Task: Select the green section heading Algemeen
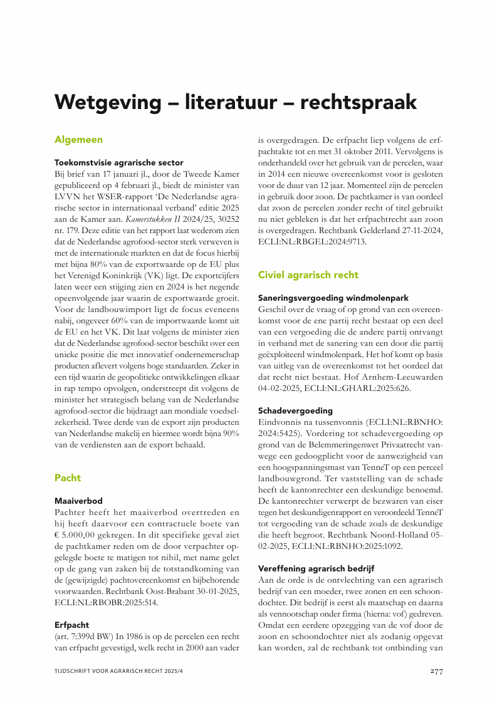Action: pyautogui.click(x=78, y=139)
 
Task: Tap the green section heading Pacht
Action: pyautogui.click(x=68, y=477)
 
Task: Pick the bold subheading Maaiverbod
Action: pyautogui.click(x=78, y=501)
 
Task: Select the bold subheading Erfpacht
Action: pyautogui.click(x=71, y=625)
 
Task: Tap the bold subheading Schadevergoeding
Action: pyautogui.click(x=295, y=410)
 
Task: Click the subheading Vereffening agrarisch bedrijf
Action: pyautogui.click(x=316, y=568)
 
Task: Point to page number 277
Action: pyautogui.click(x=436, y=671)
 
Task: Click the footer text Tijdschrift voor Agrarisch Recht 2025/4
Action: pyautogui.click(x=113, y=671)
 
